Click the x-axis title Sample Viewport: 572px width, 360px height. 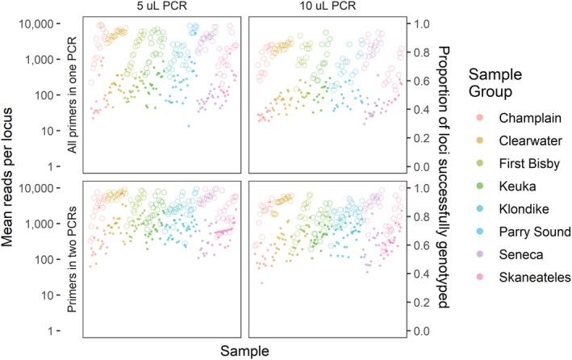244,350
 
